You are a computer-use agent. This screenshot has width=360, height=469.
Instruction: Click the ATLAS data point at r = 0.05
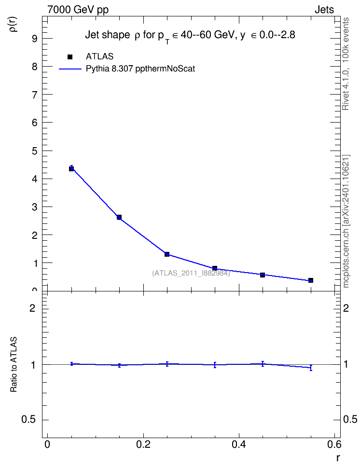[71, 169]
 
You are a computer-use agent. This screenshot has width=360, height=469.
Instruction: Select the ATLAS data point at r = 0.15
[119, 217]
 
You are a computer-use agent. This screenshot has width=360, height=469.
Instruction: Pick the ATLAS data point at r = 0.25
[167, 254]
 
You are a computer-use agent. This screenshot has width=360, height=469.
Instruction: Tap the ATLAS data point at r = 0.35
[215, 268]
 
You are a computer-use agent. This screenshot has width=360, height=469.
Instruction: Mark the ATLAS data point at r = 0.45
[263, 275]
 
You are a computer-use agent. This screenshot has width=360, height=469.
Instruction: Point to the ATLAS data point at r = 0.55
[311, 280]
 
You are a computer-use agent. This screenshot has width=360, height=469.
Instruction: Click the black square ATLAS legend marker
[70, 57]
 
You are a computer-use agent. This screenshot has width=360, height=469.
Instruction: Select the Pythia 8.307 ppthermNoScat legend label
[140, 69]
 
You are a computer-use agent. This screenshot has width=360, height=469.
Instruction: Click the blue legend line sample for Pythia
[70, 69]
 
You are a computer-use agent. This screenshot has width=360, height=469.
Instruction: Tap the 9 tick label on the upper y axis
[35, 39]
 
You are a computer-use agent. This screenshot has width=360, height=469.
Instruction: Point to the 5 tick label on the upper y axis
[35, 151]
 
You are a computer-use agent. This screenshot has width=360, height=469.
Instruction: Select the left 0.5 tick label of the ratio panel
[28, 420]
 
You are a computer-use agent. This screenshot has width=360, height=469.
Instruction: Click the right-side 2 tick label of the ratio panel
[346, 308]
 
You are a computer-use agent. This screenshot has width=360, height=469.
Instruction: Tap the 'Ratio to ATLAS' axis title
[14, 365]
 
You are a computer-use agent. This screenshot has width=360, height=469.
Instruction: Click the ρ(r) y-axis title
[14, 24]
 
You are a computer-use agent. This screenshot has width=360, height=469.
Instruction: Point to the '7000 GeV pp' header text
[78, 10]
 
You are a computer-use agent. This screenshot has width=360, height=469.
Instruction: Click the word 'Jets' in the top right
[324, 10]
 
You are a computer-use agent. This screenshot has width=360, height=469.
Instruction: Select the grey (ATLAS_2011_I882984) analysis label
[191, 273]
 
